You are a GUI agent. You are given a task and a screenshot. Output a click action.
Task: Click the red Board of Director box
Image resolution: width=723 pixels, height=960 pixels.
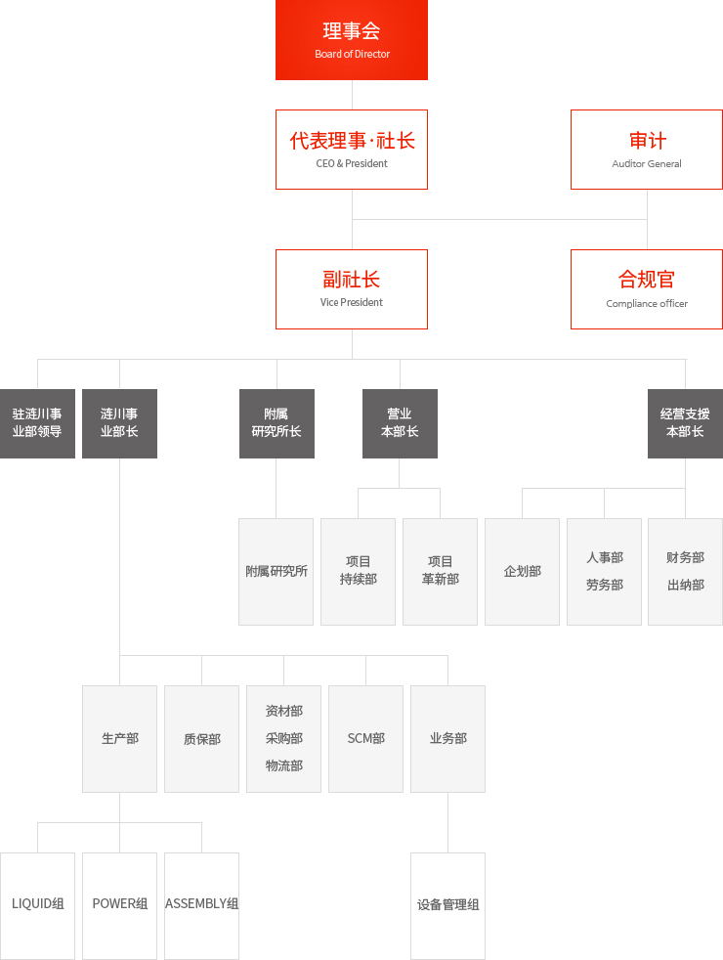click(x=352, y=40)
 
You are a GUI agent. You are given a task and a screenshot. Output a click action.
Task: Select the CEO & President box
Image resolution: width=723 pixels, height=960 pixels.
click(x=352, y=150)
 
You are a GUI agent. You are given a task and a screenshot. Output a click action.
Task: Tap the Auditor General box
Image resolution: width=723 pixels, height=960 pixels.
click(x=647, y=150)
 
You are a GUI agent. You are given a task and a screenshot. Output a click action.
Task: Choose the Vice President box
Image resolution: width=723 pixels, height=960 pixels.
click(x=352, y=289)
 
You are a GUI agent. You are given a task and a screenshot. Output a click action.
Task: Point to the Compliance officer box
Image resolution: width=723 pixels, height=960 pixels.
click(x=647, y=289)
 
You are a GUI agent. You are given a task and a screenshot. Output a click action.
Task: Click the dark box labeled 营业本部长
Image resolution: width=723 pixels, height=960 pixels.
click(x=400, y=423)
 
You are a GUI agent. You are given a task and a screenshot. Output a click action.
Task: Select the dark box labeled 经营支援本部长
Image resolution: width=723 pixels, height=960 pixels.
click(x=685, y=423)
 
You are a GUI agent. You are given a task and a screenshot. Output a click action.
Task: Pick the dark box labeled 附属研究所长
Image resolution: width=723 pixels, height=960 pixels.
click(x=276, y=423)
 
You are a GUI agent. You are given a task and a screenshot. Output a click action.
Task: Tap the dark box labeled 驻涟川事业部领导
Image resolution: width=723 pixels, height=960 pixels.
click(x=37, y=423)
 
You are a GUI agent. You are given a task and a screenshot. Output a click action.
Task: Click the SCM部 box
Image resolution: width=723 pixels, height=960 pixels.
click(x=365, y=739)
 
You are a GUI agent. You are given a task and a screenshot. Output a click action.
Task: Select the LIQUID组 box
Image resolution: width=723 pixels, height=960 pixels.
click(x=37, y=906)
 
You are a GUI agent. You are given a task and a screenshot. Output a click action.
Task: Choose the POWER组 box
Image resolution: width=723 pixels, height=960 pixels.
click(x=120, y=906)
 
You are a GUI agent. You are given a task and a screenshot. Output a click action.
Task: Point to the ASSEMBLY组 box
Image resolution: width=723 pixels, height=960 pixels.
click(x=202, y=906)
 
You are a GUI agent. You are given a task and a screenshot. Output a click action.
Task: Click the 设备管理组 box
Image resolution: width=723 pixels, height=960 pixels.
click(x=447, y=906)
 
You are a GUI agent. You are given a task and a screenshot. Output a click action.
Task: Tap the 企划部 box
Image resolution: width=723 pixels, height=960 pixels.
click(x=523, y=572)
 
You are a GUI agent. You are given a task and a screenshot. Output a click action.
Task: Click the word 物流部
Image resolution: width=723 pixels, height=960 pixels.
click(x=283, y=765)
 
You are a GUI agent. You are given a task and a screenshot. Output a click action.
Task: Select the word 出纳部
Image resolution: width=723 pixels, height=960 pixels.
click(x=686, y=586)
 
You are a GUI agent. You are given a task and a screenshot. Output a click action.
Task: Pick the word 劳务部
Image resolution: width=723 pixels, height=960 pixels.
click(x=605, y=586)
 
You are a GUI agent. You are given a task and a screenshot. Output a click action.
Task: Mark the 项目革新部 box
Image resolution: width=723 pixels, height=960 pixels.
click(x=440, y=572)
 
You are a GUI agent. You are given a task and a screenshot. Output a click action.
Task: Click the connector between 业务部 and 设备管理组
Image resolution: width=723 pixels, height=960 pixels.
click(x=447, y=823)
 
